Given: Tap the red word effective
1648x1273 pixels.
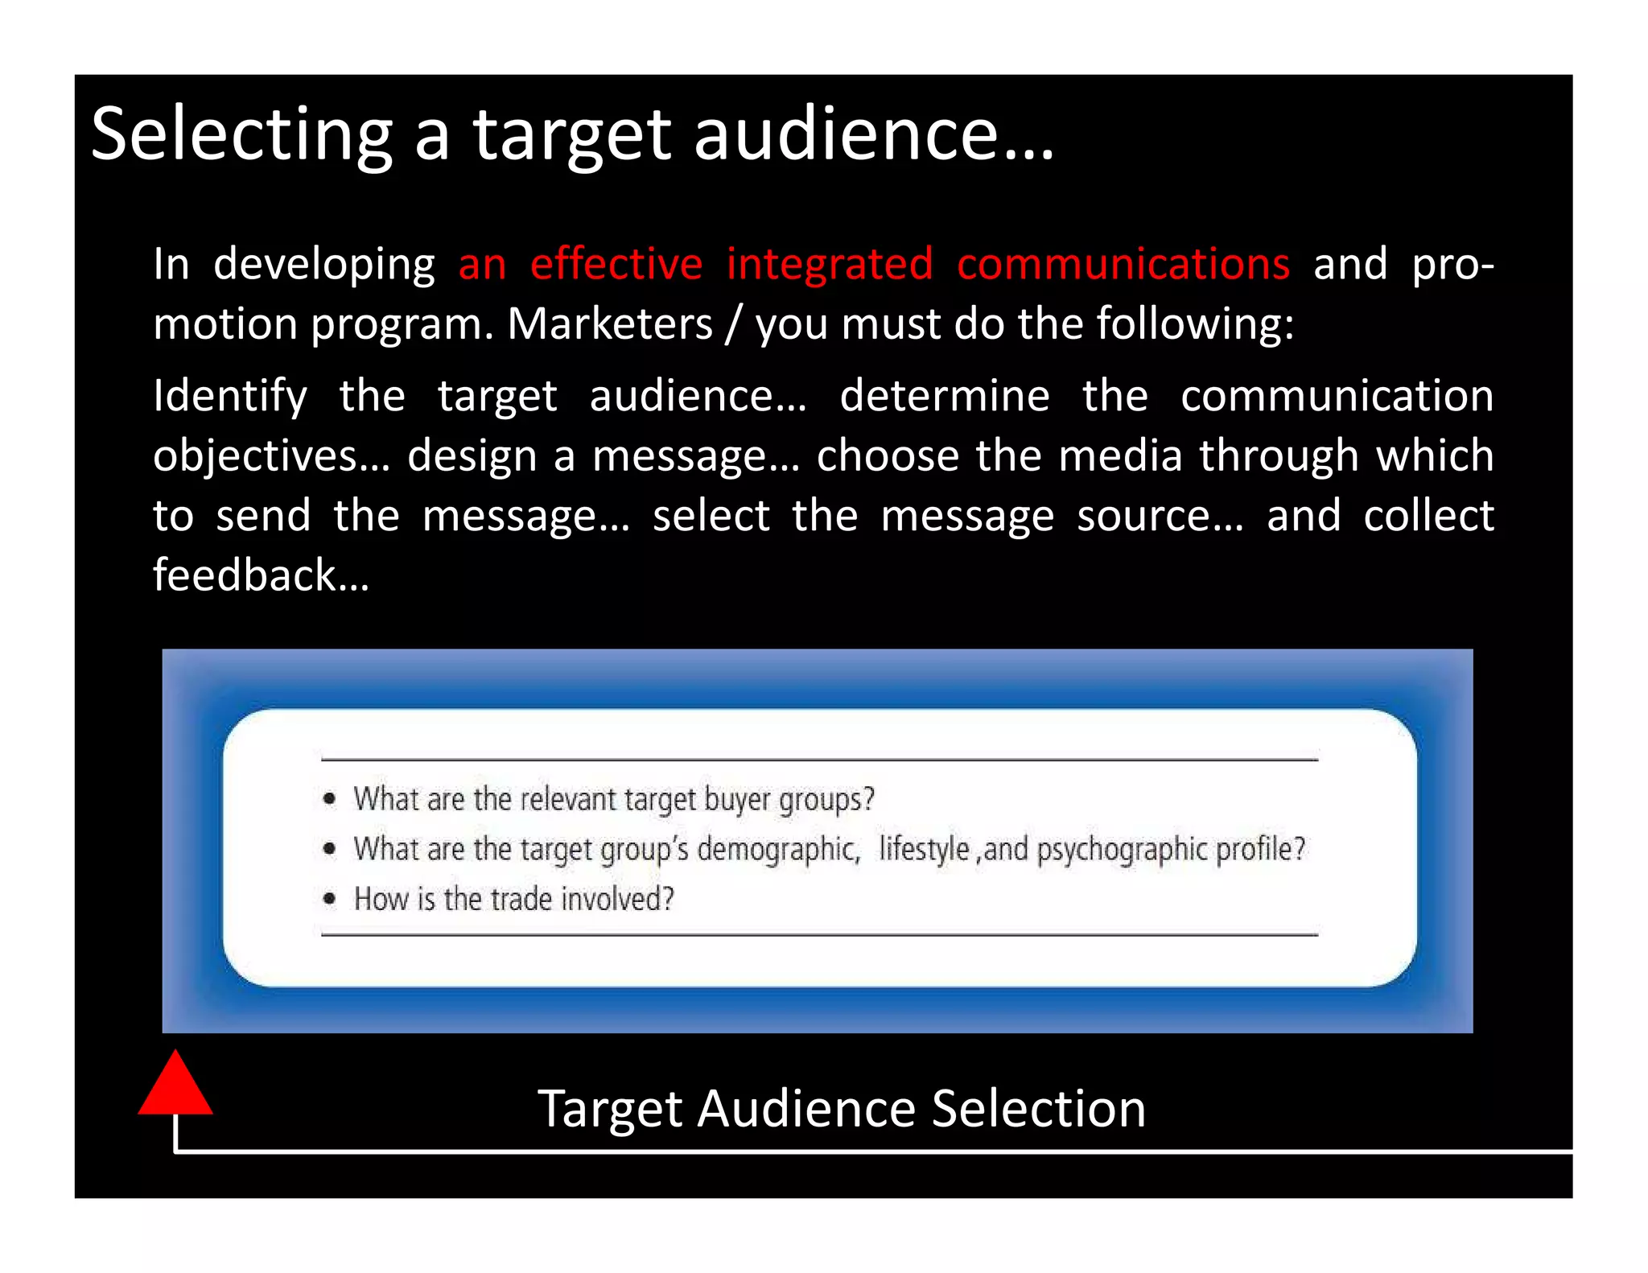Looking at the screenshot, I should [x=616, y=264].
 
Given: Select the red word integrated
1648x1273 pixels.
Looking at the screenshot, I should [x=830, y=264].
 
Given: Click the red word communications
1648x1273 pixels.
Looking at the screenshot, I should [x=1123, y=264].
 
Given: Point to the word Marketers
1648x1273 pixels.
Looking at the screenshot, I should [x=610, y=323].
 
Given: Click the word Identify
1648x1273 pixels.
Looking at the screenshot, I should [x=230, y=396].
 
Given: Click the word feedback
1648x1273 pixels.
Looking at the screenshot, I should [x=260, y=575].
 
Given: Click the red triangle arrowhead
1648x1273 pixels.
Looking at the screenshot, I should [x=175, y=1088].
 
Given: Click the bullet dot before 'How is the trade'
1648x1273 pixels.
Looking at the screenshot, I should [x=329, y=899].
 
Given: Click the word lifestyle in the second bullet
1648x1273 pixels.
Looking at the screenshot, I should [x=924, y=849].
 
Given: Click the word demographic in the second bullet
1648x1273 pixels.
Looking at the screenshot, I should [x=778, y=850].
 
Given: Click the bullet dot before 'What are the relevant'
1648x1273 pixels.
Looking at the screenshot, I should [x=329, y=799].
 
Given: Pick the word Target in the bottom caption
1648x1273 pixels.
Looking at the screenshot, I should [x=609, y=1109].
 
